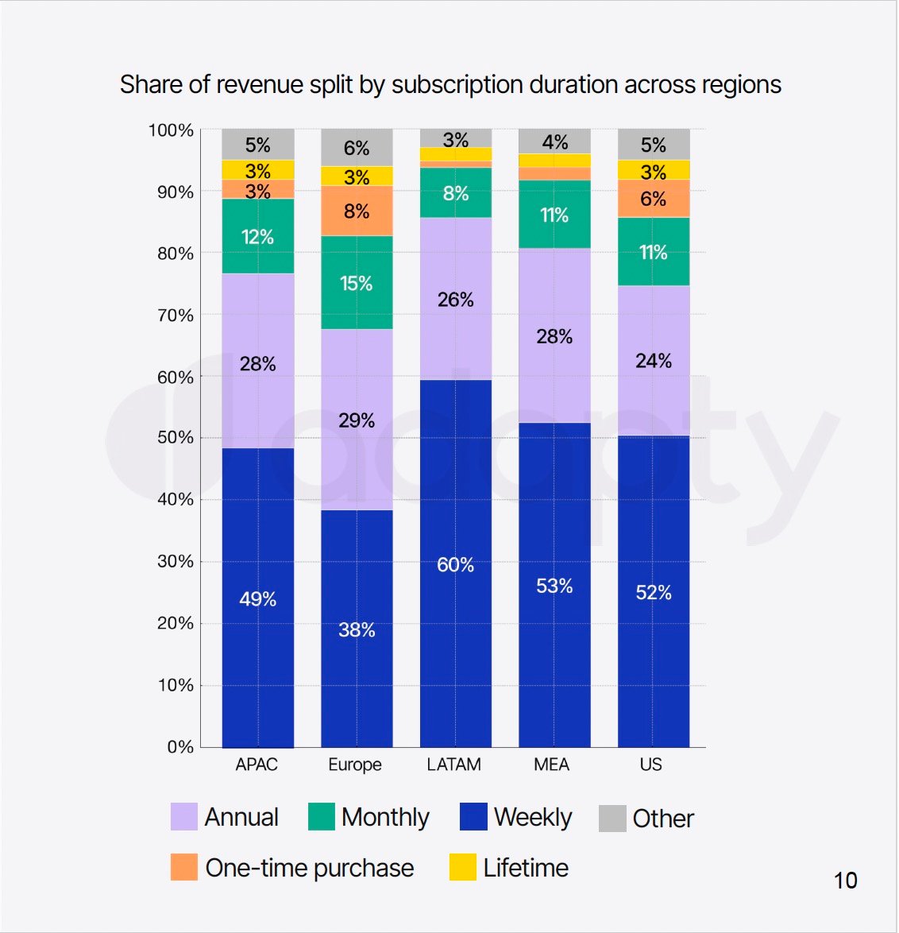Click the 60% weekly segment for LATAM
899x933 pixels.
tap(455, 563)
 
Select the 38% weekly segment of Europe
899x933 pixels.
tap(357, 629)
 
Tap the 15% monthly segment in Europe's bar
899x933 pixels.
tap(357, 283)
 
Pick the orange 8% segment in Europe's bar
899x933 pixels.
tap(357, 211)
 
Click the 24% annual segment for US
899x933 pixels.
tap(653, 361)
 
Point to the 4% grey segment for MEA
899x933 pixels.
tap(554, 141)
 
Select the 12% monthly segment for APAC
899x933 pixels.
tap(257, 236)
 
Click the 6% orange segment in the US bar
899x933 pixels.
tap(653, 199)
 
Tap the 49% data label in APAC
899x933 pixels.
tap(257, 598)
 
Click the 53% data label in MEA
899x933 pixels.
tap(554, 586)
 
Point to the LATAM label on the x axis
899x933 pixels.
tap(453, 765)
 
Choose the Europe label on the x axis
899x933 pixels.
tap(355, 765)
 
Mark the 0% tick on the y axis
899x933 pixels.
tap(180, 747)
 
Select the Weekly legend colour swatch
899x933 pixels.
tap(473, 817)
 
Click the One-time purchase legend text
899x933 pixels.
tap(310, 868)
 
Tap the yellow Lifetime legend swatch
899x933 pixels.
tap(463, 867)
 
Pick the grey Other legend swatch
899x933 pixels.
tap(612, 818)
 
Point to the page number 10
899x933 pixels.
tap(845, 881)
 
